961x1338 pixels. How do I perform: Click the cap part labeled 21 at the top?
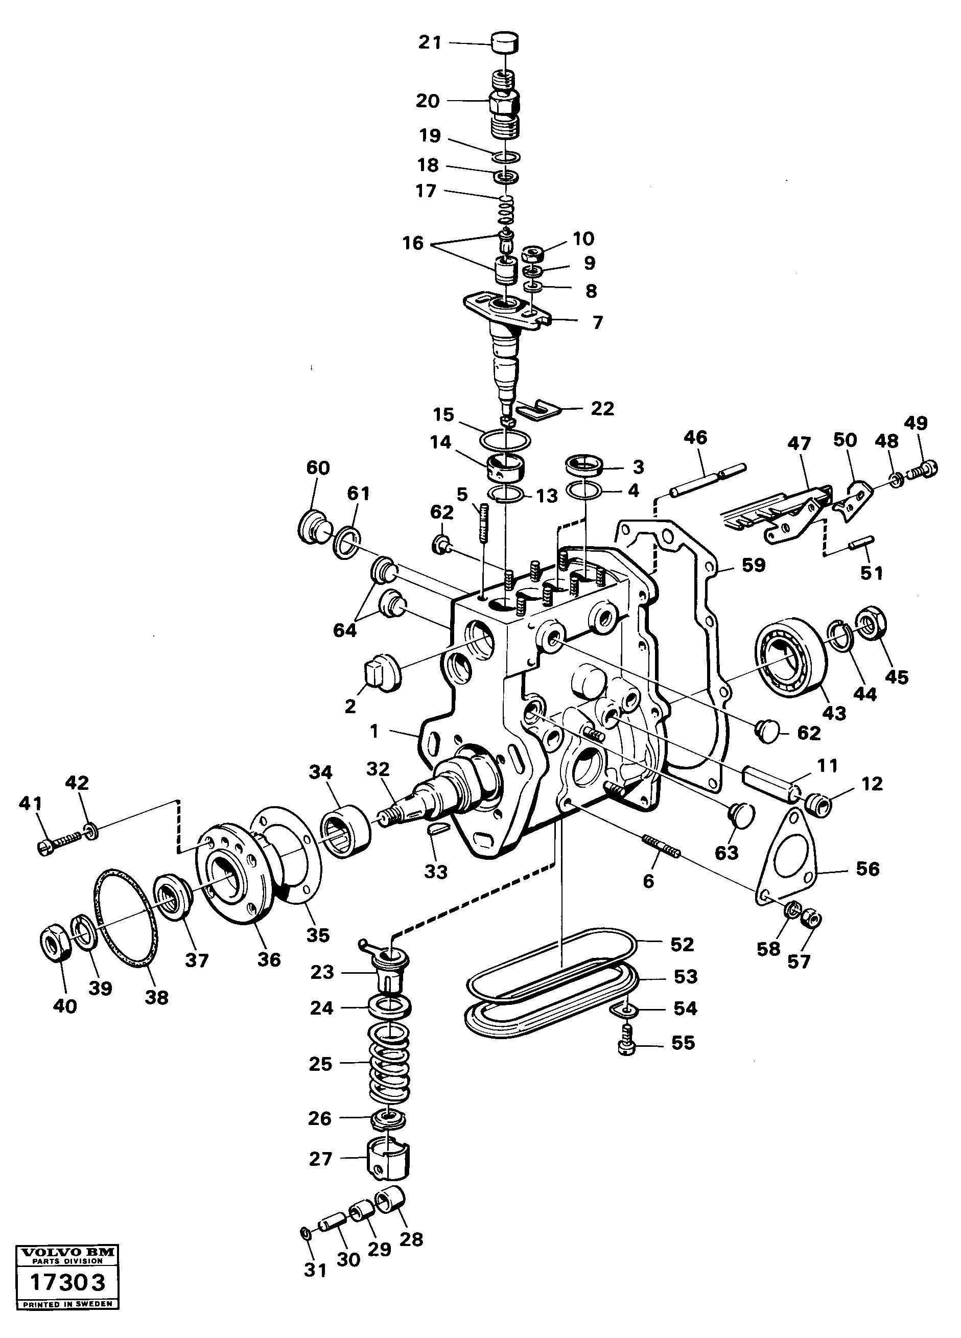pos(505,43)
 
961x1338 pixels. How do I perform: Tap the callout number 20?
pos(428,101)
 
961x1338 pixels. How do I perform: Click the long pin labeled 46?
pos(708,477)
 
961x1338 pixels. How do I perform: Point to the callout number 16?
pos(413,243)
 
